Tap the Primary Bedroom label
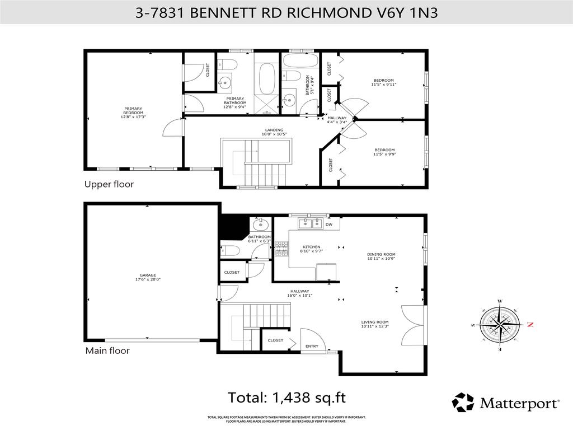coord(133,113)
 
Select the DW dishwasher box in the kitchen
coord(329,225)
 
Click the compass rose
coord(500,324)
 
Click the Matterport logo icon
coord(463,403)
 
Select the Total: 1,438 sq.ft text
coord(286,398)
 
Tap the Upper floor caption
coord(109,184)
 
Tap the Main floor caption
coord(107,351)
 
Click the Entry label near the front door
coord(312,346)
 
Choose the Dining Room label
coord(381,256)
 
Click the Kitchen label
coord(311,249)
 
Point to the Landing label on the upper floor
coord(274,132)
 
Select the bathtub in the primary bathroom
coord(266,77)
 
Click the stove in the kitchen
coord(280,249)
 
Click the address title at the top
coord(286,12)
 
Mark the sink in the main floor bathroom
coord(260,226)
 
